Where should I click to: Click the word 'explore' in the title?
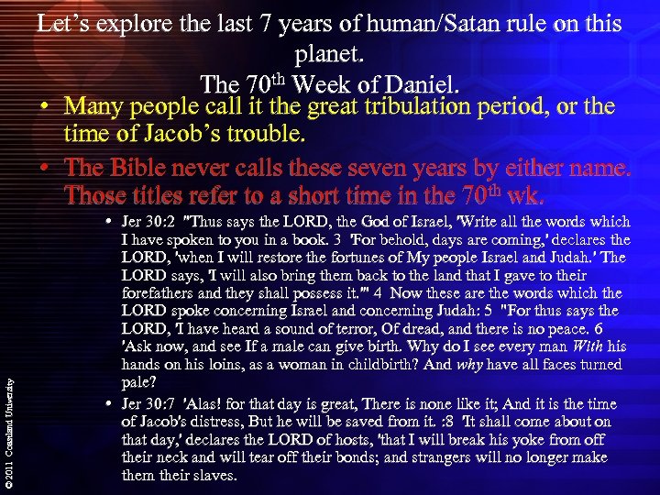pyautogui.click(x=147, y=25)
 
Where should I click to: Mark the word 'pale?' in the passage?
pyautogui.click(x=140, y=383)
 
